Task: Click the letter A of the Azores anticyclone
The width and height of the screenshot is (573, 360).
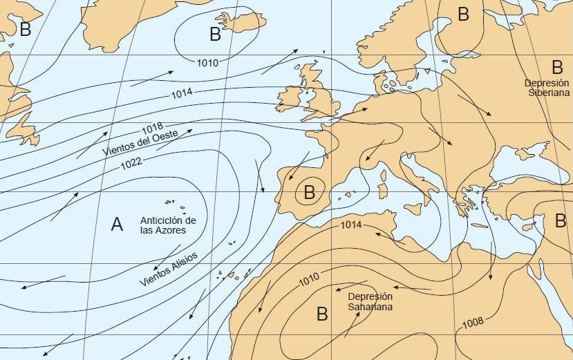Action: [x=117, y=224]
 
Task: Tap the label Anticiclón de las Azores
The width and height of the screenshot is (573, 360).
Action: [x=163, y=225]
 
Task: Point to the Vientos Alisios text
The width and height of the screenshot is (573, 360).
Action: [x=168, y=269]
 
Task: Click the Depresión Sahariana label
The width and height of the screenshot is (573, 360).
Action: [x=370, y=301]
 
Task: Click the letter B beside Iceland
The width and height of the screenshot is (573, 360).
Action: [x=215, y=33]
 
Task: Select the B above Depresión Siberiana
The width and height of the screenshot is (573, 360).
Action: [x=557, y=67]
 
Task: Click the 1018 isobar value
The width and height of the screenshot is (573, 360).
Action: [x=152, y=129]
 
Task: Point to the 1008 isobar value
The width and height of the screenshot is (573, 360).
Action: [x=473, y=321]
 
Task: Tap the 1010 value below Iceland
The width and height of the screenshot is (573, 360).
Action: [x=207, y=63]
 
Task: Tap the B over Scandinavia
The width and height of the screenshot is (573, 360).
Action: [x=463, y=13]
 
